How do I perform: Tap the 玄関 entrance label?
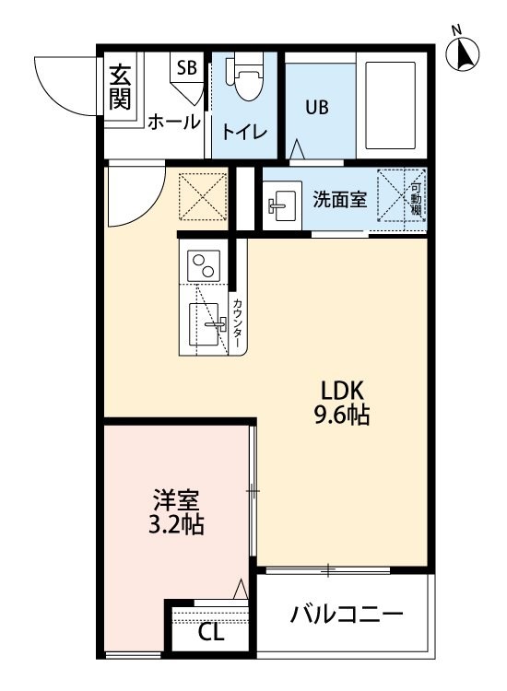[120, 87]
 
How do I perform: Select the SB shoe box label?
[186, 67]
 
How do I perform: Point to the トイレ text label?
[244, 132]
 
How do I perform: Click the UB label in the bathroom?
[317, 107]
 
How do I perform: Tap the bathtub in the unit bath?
[391, 106]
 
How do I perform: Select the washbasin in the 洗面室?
[282, 205]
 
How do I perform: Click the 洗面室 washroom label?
[340, 200]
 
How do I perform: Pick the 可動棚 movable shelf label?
[416, 199]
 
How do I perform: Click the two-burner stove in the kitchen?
[204, 265]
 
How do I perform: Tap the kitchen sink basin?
[204, 324]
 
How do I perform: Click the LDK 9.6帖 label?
[342, 403]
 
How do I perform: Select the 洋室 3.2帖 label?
[176, 512]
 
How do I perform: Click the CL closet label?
[211, 633]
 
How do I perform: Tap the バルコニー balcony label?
[347, 615]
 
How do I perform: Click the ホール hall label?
[173, 122]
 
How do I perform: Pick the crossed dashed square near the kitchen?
[203, 196]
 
